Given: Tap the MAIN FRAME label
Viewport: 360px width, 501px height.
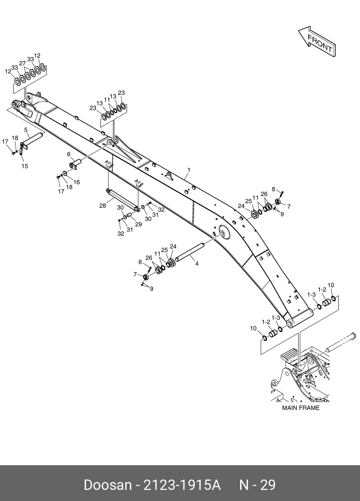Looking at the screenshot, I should click(301, 408).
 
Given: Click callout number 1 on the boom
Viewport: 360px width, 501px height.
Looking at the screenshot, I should click(189, 170).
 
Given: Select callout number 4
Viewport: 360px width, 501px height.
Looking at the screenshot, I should click(197, 263).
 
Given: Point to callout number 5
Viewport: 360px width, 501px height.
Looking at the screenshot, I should click(26, 129).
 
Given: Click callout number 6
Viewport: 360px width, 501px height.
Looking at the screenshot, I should click(68, 154).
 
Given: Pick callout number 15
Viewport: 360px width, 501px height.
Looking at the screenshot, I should click(25, 166).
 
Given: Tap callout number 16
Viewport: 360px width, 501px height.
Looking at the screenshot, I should click(76, 182).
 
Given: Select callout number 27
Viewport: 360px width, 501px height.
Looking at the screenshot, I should click(23, 63).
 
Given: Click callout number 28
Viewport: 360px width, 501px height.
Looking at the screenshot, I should click(103, 206).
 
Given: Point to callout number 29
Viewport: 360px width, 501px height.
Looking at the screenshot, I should click(138, 224).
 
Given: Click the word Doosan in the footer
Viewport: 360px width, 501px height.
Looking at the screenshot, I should click(107, 485).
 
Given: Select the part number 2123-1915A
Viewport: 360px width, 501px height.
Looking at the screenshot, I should click(182, 485).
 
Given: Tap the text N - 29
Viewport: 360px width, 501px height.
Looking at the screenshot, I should click(257, 485).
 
